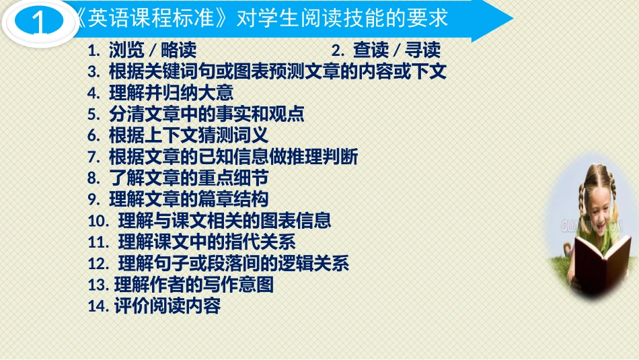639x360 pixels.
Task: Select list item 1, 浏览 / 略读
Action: point(143,50)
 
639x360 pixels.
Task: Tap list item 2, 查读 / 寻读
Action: point(387,50)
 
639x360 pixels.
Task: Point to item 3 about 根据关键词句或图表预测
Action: point(267,71)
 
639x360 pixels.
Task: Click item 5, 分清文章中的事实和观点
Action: point(196,114)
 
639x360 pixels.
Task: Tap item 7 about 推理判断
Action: point(223,157)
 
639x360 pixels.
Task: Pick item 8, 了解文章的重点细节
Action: point(178,178)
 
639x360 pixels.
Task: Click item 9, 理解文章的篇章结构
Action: point(178,199)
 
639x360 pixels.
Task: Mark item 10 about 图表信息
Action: point(209,221)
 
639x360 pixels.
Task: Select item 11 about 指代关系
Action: point(192,242)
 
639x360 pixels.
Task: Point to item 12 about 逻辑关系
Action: point(218,263)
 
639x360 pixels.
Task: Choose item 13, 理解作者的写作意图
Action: point(181,285)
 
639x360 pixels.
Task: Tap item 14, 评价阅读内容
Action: point(154,306)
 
